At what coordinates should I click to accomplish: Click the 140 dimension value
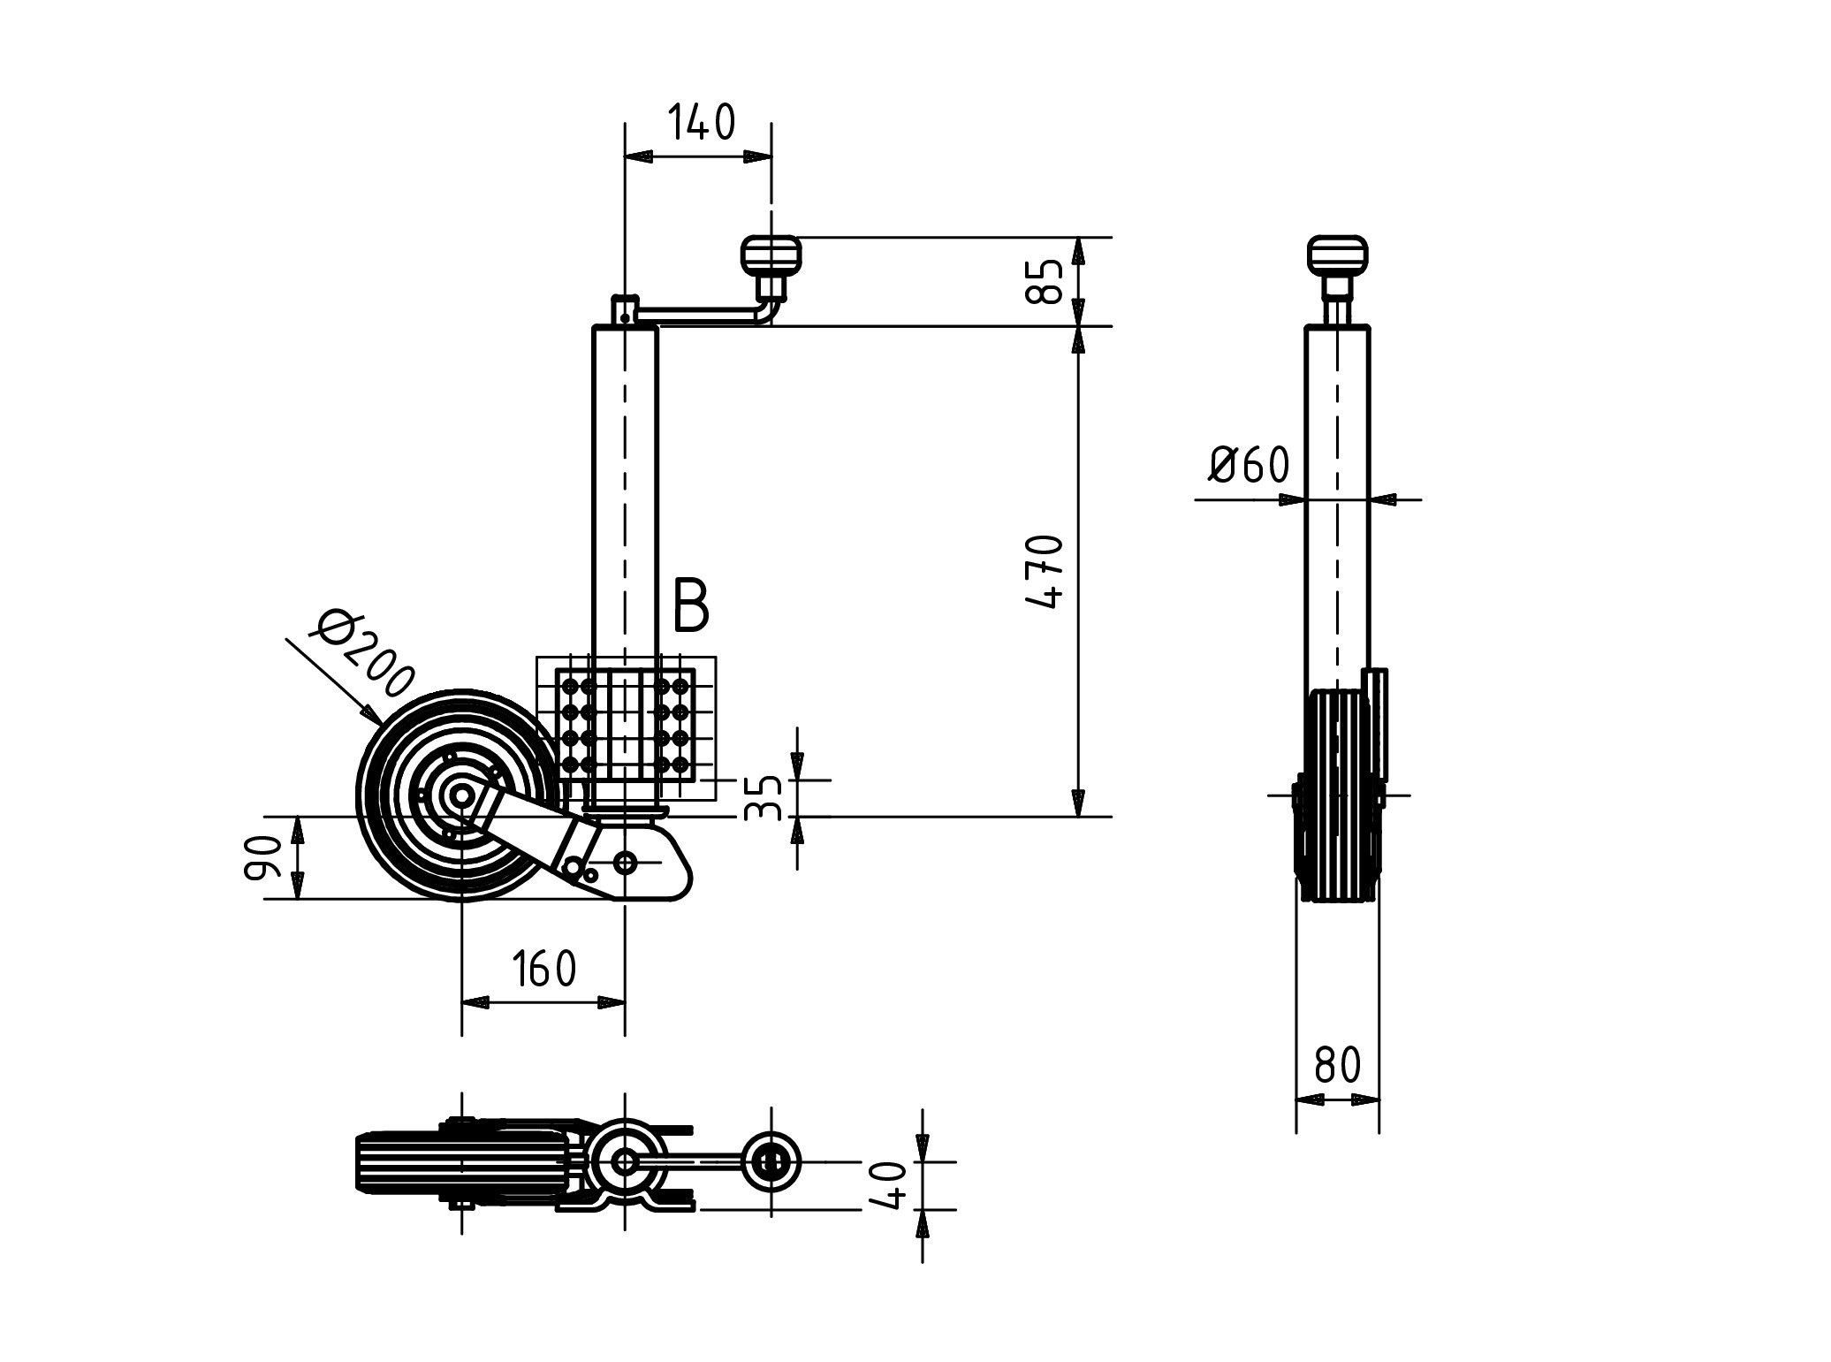(701, 123)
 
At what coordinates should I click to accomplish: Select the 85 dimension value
(1048, 281)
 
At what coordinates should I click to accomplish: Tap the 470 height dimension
(1048, 571)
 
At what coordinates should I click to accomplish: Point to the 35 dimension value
(763, 798)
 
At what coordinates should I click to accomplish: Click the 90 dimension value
(259, 858)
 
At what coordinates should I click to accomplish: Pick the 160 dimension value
(543, 970)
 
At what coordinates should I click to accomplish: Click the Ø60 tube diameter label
(1249, 465)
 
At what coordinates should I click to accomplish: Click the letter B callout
(690, 606)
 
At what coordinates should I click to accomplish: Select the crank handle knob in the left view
(771, 255)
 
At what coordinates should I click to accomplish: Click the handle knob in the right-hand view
(1337, 255)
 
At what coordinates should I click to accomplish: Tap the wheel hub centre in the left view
(461, 796)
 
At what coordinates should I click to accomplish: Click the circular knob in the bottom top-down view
(771, 1161)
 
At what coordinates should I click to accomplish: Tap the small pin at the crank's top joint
(625, 316)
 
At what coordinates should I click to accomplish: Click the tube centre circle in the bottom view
(625, 1161)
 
